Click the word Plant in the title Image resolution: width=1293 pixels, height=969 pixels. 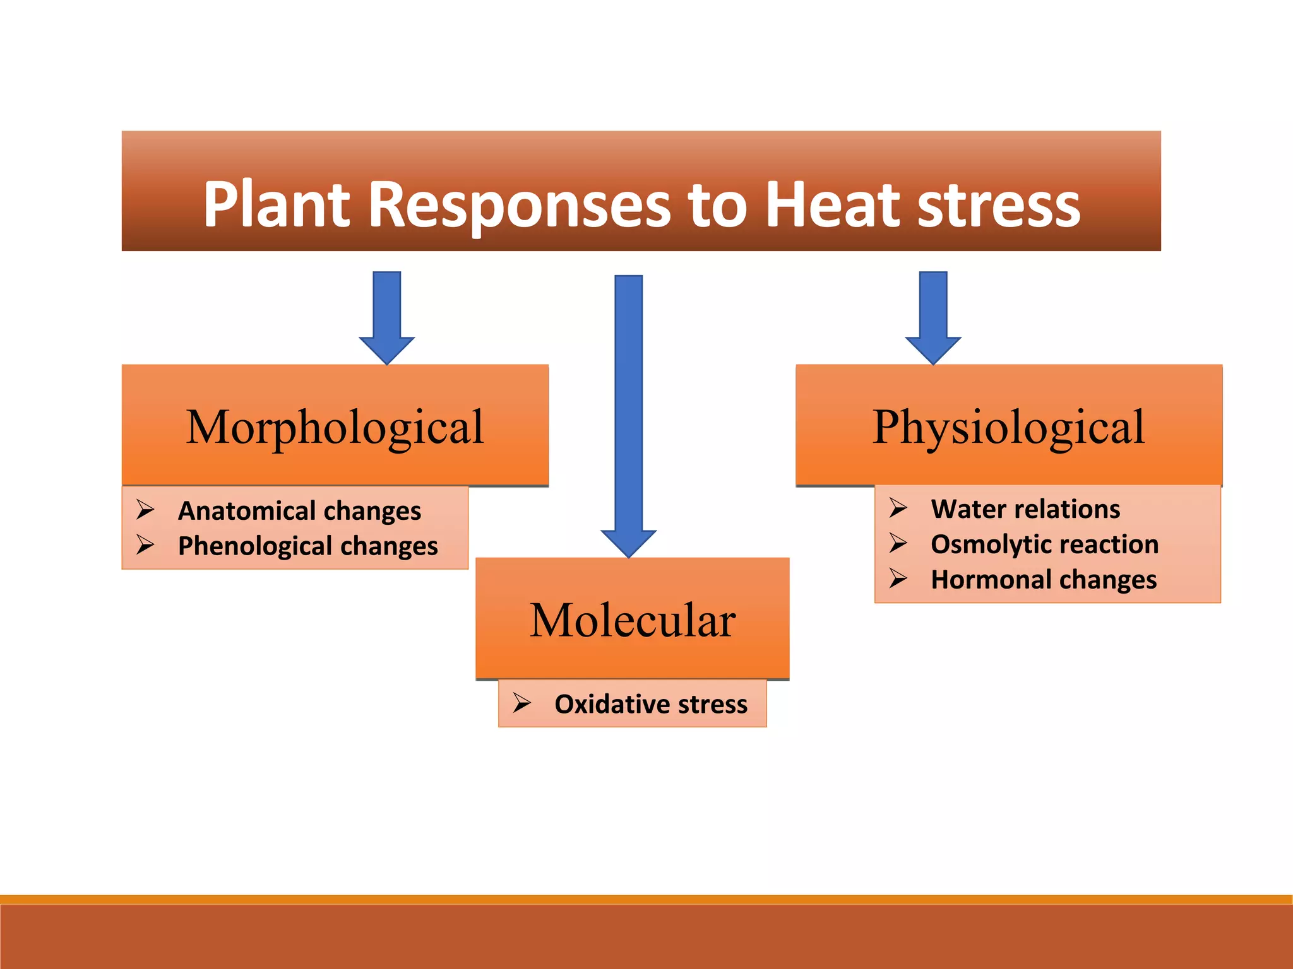click(x=277, y=204)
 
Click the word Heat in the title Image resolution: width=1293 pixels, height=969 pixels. click(x=833, y=204)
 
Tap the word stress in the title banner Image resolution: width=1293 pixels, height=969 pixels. click(x=999, y=204)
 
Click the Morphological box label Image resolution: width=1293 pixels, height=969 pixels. click(x=335, y=427)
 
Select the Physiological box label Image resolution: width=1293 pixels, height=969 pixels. click(x=1008, y=427)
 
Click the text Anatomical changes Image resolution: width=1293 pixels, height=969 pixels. click(x=299, y=511)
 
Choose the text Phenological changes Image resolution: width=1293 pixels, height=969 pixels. click(x=307, y=546)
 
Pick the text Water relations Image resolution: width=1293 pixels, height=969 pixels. click(x=1025, y=509)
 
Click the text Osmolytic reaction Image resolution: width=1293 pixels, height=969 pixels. click(x=1044, y=544)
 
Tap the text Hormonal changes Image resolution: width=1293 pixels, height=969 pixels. click(x=1044, y=580)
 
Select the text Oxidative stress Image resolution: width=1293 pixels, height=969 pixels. click(x=651, y=704)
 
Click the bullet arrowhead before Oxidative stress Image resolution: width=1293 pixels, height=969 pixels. click(x=522, y=702)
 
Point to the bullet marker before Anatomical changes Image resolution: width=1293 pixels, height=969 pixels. click(x=146, y=509)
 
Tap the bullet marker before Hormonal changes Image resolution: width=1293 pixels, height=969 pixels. click(x=898, y=578)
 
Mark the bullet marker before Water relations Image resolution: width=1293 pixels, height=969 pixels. click(x=898, y=507)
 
